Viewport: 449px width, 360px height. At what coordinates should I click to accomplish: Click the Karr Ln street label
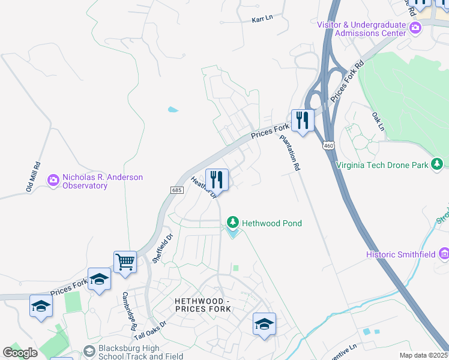pos(262,18)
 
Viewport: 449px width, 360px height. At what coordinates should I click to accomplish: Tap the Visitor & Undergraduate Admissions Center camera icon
pos(415,28)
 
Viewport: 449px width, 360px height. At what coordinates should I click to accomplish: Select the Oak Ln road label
pos(378,121)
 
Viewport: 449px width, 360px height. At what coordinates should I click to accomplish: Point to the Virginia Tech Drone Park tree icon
pos(438,164)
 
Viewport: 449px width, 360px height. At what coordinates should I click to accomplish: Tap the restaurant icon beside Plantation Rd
pos(303,120)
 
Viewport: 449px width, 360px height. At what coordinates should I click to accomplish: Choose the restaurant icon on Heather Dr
pos(217,179)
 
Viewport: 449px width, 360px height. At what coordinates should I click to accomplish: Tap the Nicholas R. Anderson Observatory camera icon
pos(53,179)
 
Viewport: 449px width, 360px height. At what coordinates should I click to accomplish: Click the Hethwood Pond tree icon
pos(232,223)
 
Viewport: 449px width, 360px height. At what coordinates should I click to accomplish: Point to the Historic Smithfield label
pos(401,254)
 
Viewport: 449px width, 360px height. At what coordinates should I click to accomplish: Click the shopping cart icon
pos(125,262)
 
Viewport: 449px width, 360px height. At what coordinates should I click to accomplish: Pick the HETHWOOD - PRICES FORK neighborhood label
pos(202,304)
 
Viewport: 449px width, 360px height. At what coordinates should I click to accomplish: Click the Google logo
pos(20,352)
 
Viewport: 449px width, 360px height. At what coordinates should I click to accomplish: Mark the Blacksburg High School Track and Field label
pos(133,352)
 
